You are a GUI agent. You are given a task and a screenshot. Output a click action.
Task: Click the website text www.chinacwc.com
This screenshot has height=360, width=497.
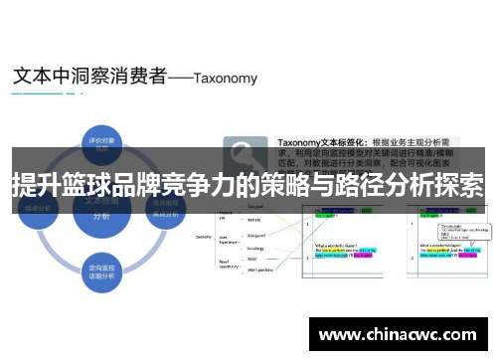coord(395,331)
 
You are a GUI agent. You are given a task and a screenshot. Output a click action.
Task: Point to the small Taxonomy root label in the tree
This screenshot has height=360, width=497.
coord(204,237)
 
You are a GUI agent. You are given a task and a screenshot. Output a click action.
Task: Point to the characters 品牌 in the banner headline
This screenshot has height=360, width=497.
coord(179,185)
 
